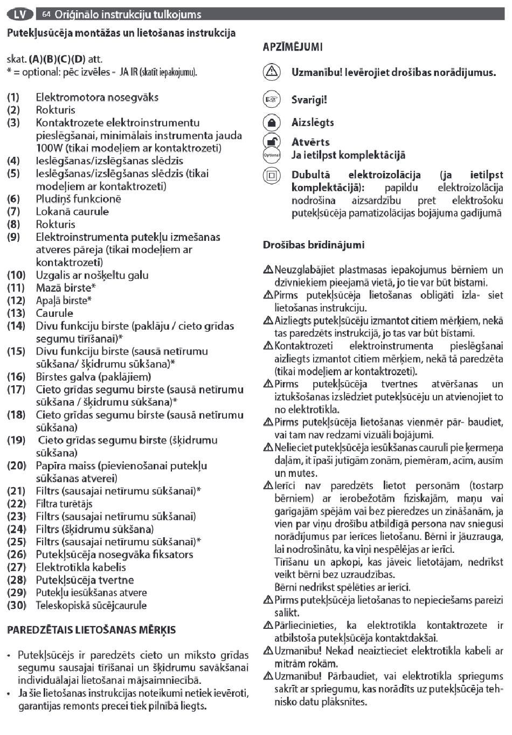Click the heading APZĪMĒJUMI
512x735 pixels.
pyautogui.click(x=293, y=47)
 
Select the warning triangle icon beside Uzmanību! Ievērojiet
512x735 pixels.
pyautogui.click(x=272, y=72)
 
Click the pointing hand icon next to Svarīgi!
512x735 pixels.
pyautogui.click(x=272, y=100)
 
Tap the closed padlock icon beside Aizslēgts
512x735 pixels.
pyautogui.click(x=272, y=122)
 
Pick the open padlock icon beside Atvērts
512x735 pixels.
pyautogui.click(x=272, y=141)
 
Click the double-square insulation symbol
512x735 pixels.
pyautogui.click(x=272, y=175)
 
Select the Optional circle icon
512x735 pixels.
pyautogui.click(x=272, y=155)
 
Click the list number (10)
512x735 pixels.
pyautogui.click(x=16, y=275)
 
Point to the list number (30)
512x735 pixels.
pyautogui.click(x=16, y=605)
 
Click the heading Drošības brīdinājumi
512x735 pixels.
pyautogui.click(x=314, y=245)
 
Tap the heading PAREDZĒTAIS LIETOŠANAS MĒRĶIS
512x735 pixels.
pyautogui.click(x=91, y=630)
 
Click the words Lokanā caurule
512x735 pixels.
pyautogui.click(x=72, y=212)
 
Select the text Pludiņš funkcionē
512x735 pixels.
pyautogui.click(x=78, y=199)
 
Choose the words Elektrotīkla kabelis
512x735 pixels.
pyautogui.click(x=81, y=567)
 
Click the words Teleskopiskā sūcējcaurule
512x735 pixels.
pyautogui.click(x=91, y=605)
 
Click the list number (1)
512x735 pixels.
pyautogui.click(x=13, y=98)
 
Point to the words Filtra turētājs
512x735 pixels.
pyautogui.click(x=64, y=504)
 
